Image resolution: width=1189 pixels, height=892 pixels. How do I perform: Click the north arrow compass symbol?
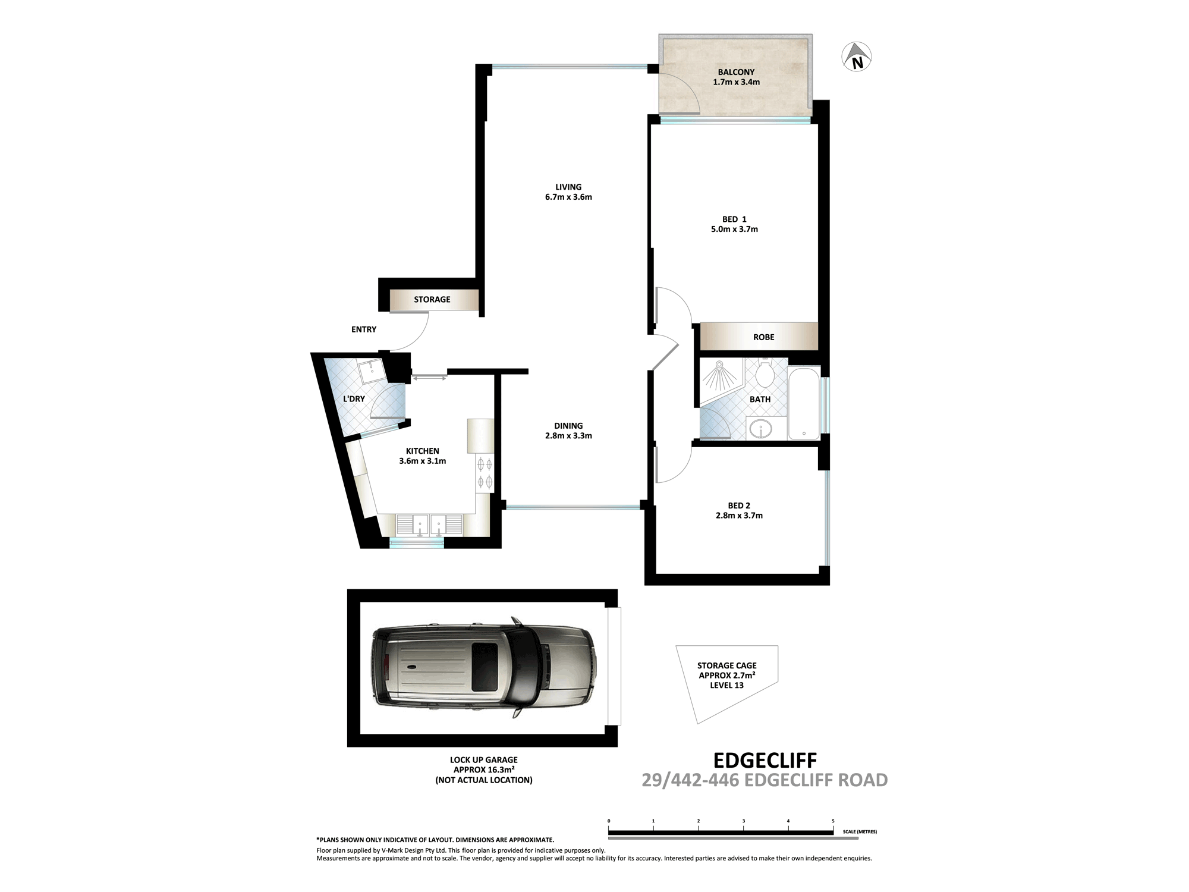[x=857, y=58]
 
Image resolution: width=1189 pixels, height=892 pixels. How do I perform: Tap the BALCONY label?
[x=736, y=72]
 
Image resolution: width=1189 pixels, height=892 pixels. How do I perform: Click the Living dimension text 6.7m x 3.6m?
[x=568, y=197]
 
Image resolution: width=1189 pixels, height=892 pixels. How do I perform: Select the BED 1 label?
[x=734, y=219]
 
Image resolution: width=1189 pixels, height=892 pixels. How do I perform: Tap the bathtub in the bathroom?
[x=804, y=403]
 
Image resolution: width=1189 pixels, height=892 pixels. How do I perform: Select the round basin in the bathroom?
[x=760, y=428]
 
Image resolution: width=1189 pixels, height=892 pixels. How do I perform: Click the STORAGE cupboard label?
[x=432, y=299]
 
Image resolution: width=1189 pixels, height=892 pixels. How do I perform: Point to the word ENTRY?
[x=364, y=329]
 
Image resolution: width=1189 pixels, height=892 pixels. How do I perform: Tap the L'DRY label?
[x=354, y=398]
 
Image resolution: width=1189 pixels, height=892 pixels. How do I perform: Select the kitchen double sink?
[x=429, y=525]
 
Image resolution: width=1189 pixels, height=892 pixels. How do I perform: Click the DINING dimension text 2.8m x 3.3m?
[x=568, y=435]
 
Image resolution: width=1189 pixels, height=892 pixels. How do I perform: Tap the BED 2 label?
[x=739, y=505]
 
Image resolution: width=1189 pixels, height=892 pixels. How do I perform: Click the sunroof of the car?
[x=485, y=667]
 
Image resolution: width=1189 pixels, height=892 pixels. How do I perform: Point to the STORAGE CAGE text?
[x=727, y=665]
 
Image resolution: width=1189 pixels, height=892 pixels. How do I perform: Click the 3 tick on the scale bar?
[x=743, y=821]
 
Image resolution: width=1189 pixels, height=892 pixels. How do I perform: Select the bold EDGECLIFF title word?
[x=765, y=760]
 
